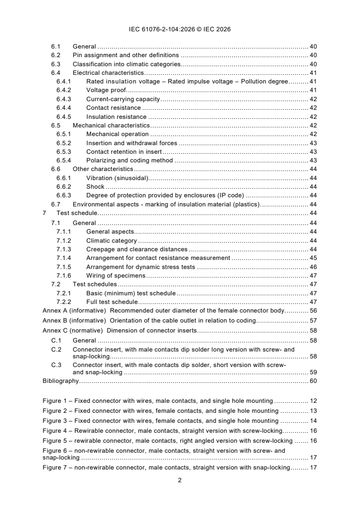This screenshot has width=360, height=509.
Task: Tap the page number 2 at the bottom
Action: (x=180, y=480)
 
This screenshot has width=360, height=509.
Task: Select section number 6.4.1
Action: (x=64, y=82)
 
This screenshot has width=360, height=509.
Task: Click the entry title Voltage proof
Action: (x=106, y=90)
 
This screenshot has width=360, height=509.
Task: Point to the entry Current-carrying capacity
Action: (x=123, y=99)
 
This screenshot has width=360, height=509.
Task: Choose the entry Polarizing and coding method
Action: (x=129, y=160)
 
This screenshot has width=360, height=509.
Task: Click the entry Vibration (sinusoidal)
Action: (x=117, y=178)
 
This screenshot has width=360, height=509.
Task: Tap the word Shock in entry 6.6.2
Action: (x=95, y=186)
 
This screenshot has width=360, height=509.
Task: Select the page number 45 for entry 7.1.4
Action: (x=313, y=258)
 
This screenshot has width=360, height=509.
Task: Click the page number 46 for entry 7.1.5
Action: (x=313, y=267)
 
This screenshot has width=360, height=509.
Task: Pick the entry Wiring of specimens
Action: (x=115, y=276)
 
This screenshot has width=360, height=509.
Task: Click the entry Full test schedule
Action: (x=112, y=302)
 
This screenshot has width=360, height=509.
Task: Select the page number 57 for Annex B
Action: (x=313, y=321)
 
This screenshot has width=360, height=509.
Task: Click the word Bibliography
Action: (x=60, y=381)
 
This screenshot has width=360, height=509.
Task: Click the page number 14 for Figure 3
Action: (x=313, y=421)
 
